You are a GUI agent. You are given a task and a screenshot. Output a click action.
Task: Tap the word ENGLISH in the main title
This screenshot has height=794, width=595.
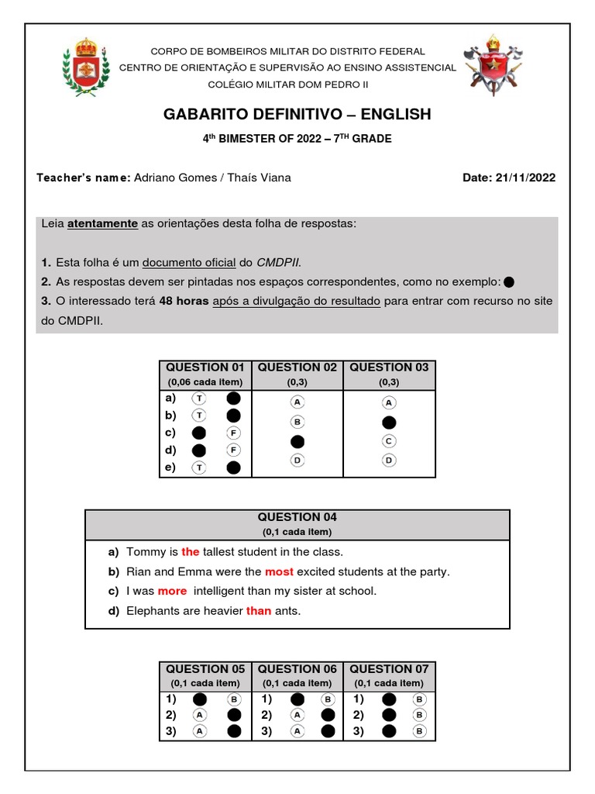(x=395, y=115)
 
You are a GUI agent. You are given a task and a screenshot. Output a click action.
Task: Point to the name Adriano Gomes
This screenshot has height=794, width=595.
(x=174, y=178)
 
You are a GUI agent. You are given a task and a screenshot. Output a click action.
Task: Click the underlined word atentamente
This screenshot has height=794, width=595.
(x=102, y=224)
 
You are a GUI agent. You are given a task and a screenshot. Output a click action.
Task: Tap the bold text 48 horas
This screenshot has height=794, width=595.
(x=184, y=301)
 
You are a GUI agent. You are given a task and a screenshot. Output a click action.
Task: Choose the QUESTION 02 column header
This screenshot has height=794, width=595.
(x=297, y=368)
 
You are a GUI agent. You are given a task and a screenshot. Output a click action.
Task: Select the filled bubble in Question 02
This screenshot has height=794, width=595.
(x=297, y=441)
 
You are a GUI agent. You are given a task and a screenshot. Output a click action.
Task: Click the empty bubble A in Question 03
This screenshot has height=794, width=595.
(x=389, y=402)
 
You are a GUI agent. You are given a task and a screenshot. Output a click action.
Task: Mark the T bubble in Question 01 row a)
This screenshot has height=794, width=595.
(x=199, y=398)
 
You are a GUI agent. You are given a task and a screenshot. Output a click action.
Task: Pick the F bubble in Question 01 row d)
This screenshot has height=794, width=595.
(x=233, y=450)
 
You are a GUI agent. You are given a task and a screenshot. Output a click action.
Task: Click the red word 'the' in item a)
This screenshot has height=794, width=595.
(x=191, y=552)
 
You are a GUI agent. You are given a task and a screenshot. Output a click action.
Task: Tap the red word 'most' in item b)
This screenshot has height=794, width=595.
(x=279, y=571)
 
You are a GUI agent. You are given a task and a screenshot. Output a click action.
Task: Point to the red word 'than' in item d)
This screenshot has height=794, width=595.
(x=259, y=611)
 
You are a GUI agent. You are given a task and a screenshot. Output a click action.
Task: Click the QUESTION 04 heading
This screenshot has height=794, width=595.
(x=297, y=517)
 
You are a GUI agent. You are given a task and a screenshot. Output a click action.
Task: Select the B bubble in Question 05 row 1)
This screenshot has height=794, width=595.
(x=233, y=699)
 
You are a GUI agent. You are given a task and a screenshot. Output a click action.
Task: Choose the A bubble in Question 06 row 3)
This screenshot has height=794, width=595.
(x=297, y=730)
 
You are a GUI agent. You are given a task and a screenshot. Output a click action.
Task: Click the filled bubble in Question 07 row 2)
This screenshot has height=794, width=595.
(x=389, y=715)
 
